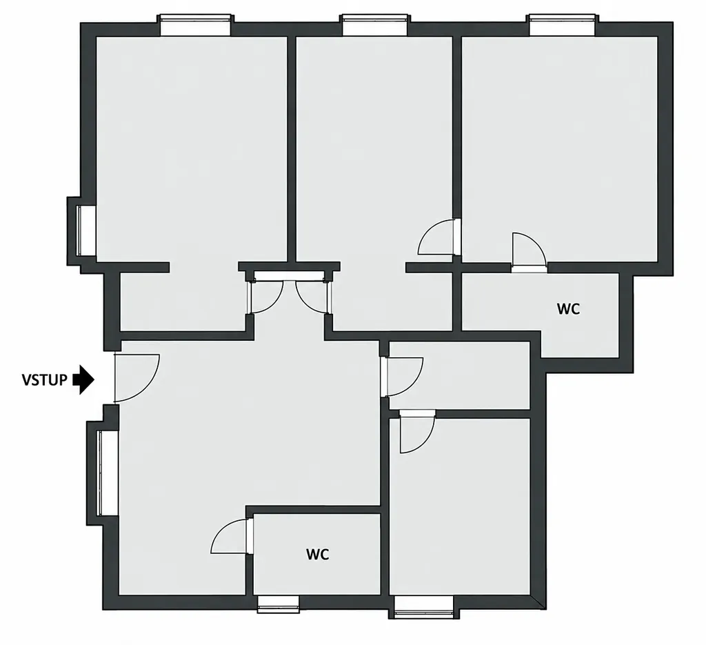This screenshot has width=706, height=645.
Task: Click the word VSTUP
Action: [x=45, y=380]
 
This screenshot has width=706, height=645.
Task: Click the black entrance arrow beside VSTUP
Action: [x=83, y=379]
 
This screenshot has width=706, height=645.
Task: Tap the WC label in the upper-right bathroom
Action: [x=568, y=310]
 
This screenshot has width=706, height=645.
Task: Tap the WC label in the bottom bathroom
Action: [x=317, y=555]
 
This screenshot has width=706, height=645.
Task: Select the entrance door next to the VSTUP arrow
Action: [x=137, y=377]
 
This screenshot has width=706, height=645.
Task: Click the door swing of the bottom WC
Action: [x=230, y=536]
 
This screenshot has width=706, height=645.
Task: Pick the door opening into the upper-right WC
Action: [x=529, y=250]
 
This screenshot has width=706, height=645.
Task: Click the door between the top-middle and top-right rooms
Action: [x=437, y=237]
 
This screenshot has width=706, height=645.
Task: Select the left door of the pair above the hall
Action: [x=265, y=297]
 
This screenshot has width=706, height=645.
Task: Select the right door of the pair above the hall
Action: [x=314, y=297]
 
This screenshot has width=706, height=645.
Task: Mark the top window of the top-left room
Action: [x=195, y=25]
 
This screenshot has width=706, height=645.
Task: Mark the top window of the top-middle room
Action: [x=374, y=25]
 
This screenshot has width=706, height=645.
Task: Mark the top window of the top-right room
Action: [x=564, y=25]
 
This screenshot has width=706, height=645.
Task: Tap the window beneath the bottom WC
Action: [x=279, y=604]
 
